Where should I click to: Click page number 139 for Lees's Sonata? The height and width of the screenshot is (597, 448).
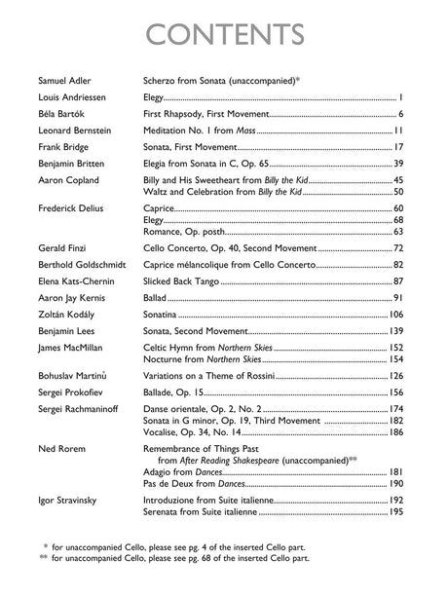[x=395, y=392]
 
